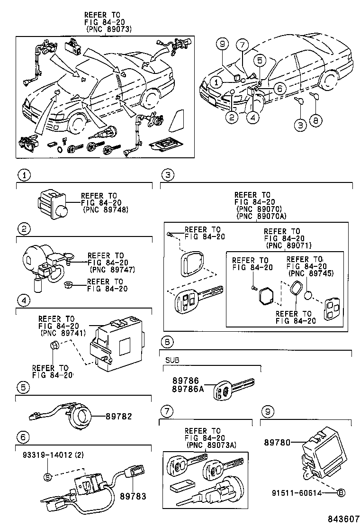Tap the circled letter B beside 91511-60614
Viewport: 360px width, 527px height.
pyautogui.click(x=340, y=493)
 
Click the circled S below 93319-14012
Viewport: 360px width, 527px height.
pyautogui.click(x=47, y=476)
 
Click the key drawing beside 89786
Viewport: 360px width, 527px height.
pyautogui.click(x=234, y=387)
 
